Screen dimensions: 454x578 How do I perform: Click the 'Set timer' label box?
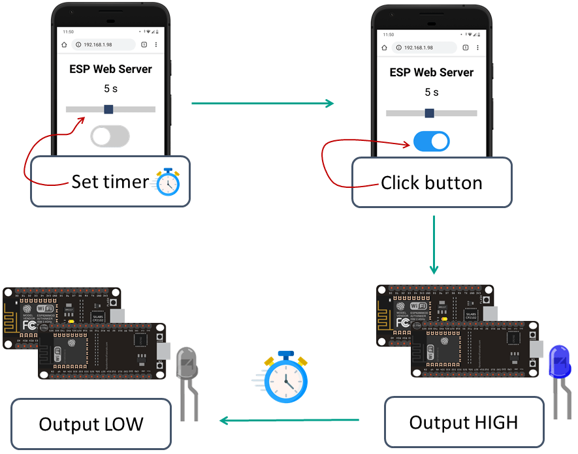click(110, 181)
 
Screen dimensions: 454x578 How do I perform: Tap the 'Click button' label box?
click(431, 183)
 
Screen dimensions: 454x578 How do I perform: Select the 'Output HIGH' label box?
click(463, 422)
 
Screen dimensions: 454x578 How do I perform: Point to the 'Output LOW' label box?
click(91, 424)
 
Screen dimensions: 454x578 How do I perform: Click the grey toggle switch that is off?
click(110, 136)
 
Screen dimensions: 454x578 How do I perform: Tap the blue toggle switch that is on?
click(431, 141)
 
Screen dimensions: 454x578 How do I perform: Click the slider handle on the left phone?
click(108, 109)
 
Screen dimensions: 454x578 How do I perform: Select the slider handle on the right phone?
click(429, 113)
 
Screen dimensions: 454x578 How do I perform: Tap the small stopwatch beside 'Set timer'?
click(167, 182)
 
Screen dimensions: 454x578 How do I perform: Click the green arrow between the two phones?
click(262, 103)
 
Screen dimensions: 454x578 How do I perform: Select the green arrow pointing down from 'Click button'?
click(434, 245)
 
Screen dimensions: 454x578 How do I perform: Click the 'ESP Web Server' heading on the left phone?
click(110, 68)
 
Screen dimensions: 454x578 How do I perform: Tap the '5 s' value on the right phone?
click(431, 92)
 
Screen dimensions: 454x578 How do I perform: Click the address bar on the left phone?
click(104, 44)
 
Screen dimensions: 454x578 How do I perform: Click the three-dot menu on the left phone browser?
click(155, 44)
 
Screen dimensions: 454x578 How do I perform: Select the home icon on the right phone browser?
click(384, 48)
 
